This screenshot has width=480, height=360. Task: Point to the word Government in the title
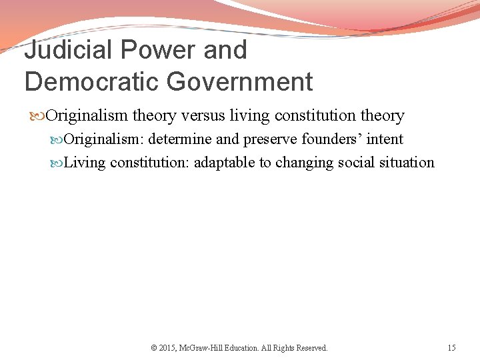point(239,82)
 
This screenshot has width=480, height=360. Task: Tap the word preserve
point(271,139)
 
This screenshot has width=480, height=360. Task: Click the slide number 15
point(452,348)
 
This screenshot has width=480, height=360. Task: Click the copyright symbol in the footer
point(154,348)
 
